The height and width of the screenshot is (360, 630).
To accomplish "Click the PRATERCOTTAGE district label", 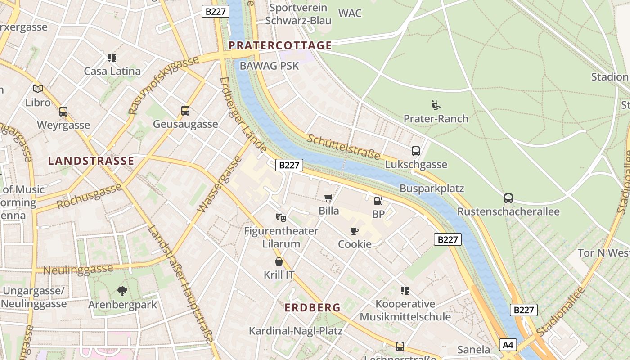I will coord(280,45).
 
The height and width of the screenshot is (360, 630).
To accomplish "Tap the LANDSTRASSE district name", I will coord(91,161).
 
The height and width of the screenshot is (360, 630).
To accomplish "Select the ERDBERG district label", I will coord(313,308).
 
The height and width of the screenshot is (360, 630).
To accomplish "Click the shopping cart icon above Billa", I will coord(328,198).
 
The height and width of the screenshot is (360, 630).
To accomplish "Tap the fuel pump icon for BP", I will coord(378,201).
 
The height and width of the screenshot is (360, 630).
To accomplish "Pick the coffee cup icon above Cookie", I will coord(355,231).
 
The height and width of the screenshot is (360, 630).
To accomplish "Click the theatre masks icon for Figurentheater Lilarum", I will coord(281,218).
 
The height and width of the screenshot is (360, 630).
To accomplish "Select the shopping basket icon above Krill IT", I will coord(279,261).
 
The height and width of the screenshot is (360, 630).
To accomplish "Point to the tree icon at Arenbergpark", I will coord(122,291).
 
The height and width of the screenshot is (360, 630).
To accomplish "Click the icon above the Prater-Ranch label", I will coord(436,105).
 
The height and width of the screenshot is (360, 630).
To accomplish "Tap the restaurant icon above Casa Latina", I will coord(112,58).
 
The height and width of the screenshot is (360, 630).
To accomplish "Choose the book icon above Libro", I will coord(38,89).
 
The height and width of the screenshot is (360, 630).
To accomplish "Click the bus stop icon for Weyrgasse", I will coord(63,112).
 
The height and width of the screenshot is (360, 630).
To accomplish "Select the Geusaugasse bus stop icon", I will coord(185,111).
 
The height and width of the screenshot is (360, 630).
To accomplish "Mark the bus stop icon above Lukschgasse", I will coord(416,151).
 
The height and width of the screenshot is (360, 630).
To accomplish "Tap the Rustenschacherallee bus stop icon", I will coord(508,198).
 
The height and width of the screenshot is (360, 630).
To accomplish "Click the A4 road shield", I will coord(508,345).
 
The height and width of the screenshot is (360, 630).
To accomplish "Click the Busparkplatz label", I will coord(432,188).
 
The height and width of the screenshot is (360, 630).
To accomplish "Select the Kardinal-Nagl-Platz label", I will coord(296,331).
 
